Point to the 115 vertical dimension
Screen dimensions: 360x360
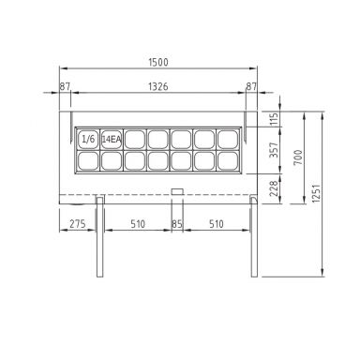click(x=275, y=119)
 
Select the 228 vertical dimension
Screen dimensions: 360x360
click(x=275, y=187)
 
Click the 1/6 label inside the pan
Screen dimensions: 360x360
click(x=88, y=139)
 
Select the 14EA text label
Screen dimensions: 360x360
click(x=111, y=139)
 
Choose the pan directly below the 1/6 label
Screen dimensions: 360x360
click(x=88, y=160)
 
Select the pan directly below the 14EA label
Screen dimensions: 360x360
click(x=111, y=160)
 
